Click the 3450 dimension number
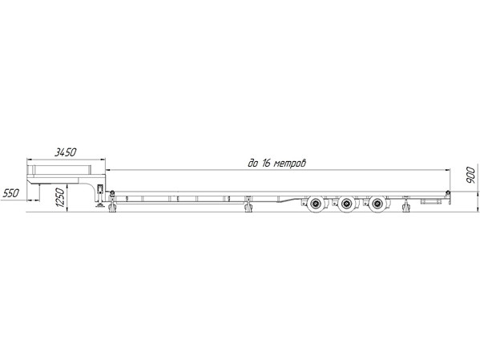[65, 152]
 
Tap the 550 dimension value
[11, 193]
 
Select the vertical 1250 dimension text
[61, 197]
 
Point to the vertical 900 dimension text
[470, 175]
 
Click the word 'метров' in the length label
[289, 164]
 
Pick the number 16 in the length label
[265, 164]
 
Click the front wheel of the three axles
[316, 204]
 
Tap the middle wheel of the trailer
[346, 204]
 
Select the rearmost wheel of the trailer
[377, 204]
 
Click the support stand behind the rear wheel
[406, 205]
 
